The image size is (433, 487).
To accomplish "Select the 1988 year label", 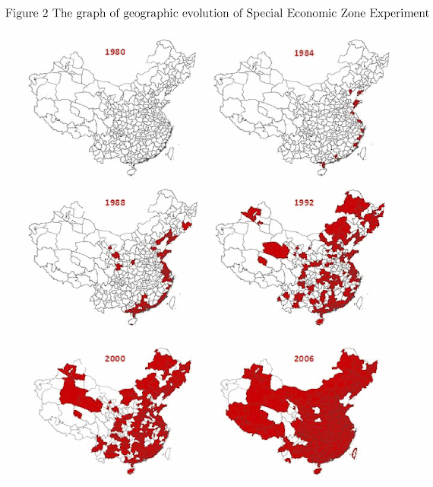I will coord(115,204).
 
